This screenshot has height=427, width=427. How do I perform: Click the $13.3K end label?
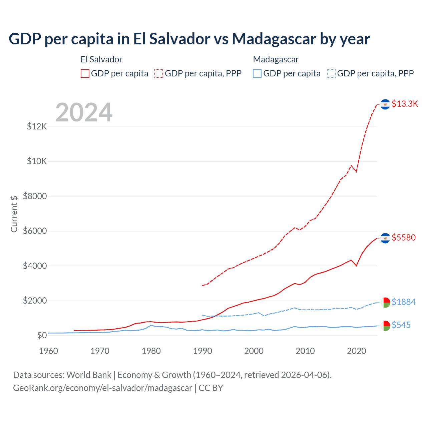(405, 104)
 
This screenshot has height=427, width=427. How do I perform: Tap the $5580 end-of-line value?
(404, 238)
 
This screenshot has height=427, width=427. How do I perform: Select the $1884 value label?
(404, 302)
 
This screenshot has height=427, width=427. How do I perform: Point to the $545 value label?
(401, 325)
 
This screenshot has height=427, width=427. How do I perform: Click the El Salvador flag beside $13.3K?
(385, 104)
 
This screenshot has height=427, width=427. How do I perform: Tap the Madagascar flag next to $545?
(385, 326)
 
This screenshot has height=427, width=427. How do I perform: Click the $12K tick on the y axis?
(37, 127)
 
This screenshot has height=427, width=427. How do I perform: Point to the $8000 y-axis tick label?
(35, 196)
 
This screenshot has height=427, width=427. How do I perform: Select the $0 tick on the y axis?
(42, 335)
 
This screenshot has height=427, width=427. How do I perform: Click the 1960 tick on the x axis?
(48, 351)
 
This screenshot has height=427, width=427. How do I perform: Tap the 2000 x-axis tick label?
(254, 351)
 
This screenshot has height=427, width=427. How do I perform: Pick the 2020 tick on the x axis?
(357, 351)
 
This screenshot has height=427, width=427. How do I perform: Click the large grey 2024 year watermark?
(84, 112)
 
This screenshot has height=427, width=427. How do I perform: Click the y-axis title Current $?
(14, 214)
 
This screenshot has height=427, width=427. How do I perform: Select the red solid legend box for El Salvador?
(85, 73)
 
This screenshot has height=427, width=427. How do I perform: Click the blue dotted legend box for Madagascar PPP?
(331, 73)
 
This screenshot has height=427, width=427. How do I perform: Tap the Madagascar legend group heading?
(276, 59)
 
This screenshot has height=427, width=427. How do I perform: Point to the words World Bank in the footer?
(89, 375)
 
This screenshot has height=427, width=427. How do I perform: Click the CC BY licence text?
(211, 388)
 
